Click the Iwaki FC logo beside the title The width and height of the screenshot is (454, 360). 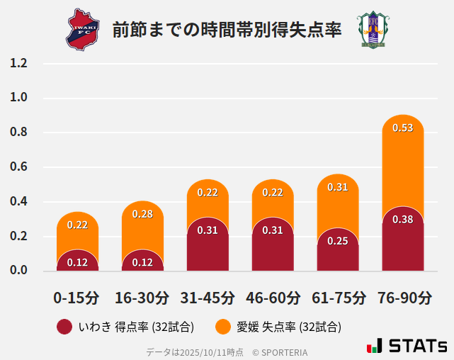point(84,30)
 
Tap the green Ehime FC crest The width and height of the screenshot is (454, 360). point(371,30)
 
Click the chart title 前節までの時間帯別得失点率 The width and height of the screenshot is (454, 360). point(227,30)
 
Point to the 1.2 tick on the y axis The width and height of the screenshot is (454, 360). point(19,64)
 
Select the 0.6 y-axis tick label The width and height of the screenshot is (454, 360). point(19,167)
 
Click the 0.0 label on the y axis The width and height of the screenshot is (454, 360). point(19,270)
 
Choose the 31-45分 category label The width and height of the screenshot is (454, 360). point(208,298)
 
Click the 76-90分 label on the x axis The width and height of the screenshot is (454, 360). point(403,298)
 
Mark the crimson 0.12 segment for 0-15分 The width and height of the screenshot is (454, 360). point(77,261)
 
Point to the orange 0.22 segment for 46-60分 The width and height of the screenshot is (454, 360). point(273,198)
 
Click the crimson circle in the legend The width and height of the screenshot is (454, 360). point(64,327)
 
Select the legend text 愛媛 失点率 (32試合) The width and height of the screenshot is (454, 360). point(289,327)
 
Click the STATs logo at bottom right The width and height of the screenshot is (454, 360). point(407,346)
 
